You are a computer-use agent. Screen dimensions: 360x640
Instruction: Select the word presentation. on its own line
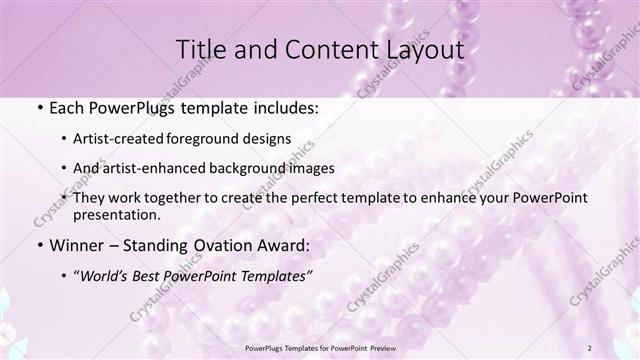[116, 215]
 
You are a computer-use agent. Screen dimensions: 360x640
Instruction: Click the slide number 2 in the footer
[591, 347]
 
